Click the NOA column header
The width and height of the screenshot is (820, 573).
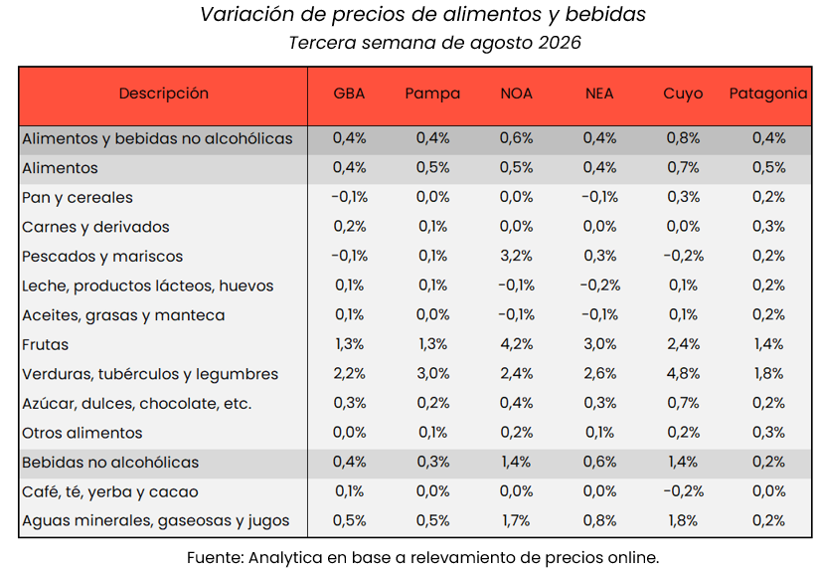[x=516, y=94]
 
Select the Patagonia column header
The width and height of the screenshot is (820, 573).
[x=768, y=94]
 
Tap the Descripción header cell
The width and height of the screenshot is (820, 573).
[x=164, y=94]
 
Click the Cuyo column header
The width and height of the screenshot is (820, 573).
[x=683, y=94]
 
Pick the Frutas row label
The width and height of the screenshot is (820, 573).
[x=46, y=345]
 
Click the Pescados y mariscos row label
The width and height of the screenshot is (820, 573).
[x=102, y=257]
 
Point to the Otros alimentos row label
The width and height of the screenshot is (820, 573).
[x=82, y=434]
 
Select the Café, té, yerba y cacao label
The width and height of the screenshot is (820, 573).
[x=110, y=491]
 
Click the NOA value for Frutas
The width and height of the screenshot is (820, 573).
[x=516, y=344]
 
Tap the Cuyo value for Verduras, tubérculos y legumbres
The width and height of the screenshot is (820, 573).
[x=683, y=374]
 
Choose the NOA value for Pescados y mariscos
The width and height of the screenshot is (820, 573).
[x=516, y=256]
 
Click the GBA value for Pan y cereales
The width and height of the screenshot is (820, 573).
[x=349, y=197]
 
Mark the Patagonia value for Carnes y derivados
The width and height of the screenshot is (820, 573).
[x=768, y=227]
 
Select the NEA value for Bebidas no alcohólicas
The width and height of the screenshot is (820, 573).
[x=599, y=462]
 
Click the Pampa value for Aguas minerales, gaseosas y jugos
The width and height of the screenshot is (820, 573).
[x=432, y=520]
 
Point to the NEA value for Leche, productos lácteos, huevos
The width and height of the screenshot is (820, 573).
[x=599, y=286]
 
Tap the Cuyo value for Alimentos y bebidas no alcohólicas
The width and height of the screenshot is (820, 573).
[x=683, y=138]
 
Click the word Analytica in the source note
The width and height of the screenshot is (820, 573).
[x=285, y=558]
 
